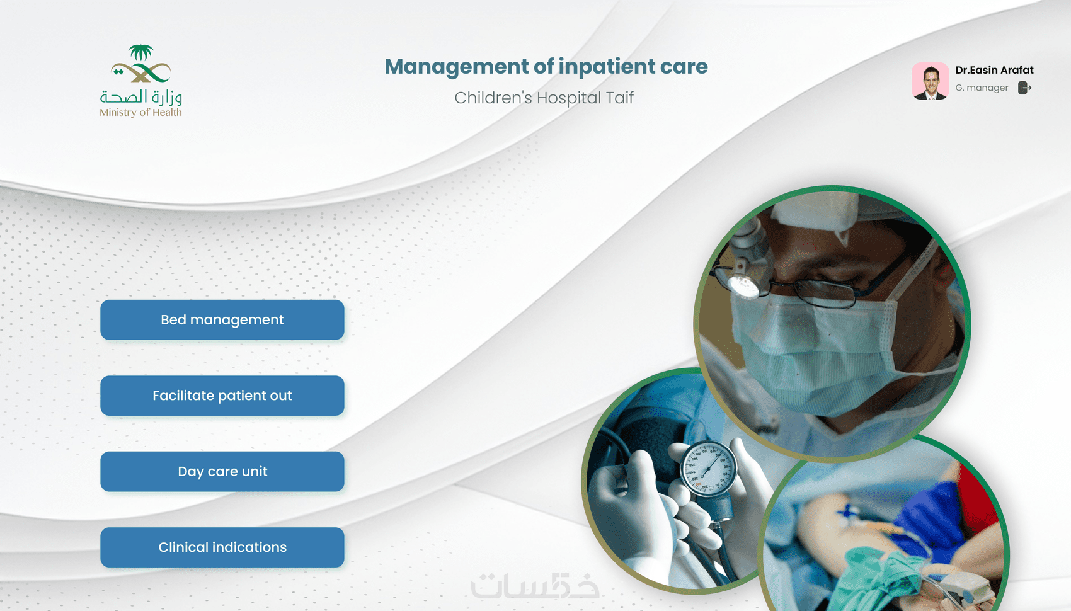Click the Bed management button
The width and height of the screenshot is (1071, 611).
click(222, 320)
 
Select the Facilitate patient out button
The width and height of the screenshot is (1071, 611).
click(222, 396)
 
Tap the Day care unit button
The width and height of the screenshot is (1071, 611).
click(222, 471)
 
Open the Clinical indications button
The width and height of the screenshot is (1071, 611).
click(222, 547)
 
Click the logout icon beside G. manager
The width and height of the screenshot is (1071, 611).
click(1024, 88)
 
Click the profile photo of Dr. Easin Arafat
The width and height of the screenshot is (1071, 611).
click(930, 81)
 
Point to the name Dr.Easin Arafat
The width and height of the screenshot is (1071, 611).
click(995, 70)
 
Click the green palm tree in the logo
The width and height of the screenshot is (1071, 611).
click(140, 52)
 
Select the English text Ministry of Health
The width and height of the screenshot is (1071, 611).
click(140, 112)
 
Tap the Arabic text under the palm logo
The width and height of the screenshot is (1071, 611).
click(140, 97)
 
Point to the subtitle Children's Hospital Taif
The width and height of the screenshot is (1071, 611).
click(544, 98)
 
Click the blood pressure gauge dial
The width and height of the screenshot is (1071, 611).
click(708, 468)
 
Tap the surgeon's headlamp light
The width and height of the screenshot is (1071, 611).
click(743, 285)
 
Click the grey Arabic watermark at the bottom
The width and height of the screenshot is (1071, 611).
click(535, 585)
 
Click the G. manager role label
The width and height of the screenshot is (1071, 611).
click(982, 88)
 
